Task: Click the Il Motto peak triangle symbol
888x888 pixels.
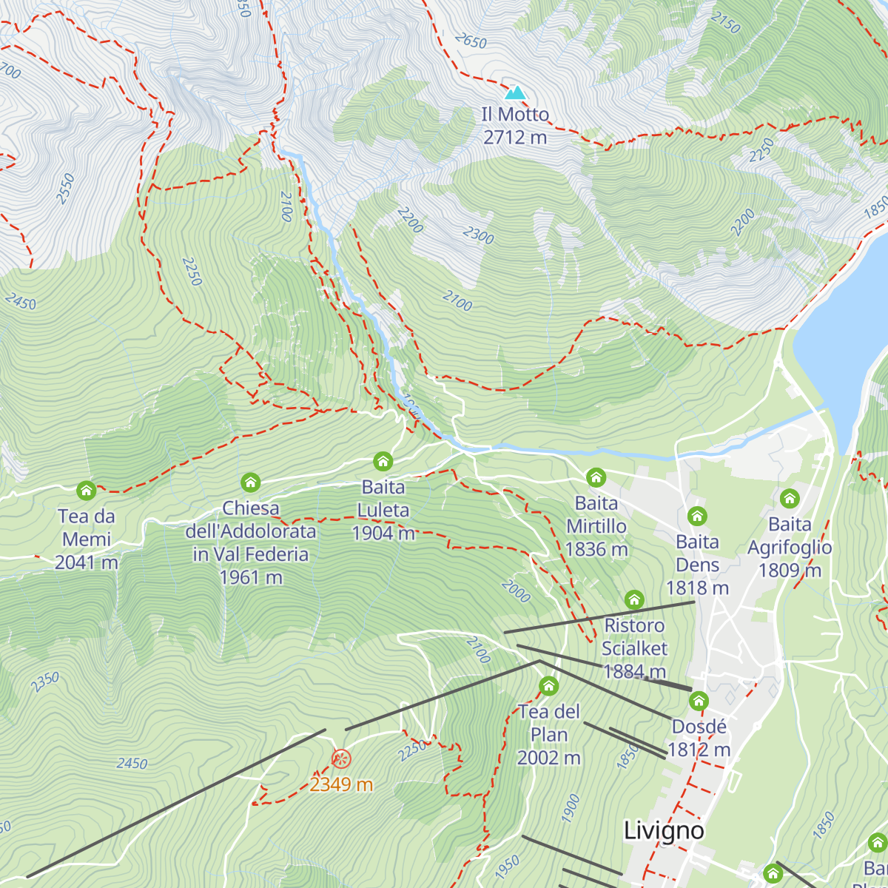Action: tap(516, 92)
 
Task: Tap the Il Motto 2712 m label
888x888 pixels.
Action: tap(515, 126)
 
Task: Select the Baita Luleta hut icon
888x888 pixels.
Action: tap(383, 462)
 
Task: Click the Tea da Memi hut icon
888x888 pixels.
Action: tap(87, 490)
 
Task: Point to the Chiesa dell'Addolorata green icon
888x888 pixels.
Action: tap(251, 482)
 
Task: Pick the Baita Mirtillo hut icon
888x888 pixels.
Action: tap(596, 477)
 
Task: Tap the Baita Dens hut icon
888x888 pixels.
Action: tap(697, 516)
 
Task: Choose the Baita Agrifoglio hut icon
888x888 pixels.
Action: tap(790, 498)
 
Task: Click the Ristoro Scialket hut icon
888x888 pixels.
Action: tap(634, 599)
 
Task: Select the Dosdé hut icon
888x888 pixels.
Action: tap(699, 700)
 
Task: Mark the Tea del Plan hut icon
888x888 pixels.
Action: tap(548, 686)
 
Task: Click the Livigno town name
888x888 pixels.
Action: tap(664, 830)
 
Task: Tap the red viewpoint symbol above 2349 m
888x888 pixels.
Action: tap(340, 758)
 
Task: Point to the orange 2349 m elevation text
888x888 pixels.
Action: tap(340, 784)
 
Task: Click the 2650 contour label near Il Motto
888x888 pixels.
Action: tap(471, 41)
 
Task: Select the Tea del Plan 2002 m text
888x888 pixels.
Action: tap(549, 735)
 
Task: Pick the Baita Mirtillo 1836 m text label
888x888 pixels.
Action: tap(596, 526)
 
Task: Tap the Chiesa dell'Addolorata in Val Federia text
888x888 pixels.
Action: tap(251, 542)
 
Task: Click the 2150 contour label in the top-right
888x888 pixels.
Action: tap(725, 22)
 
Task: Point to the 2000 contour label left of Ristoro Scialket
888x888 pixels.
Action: tap(516, 591)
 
